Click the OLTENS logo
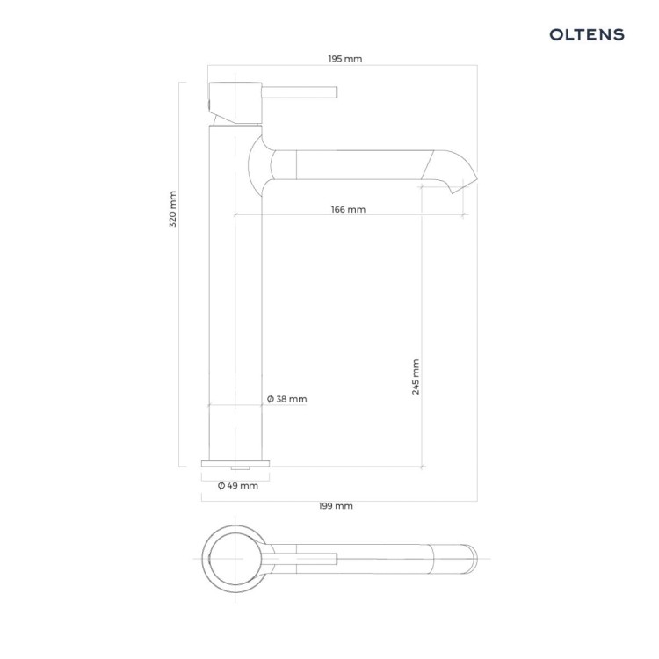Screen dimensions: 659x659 point(587,34)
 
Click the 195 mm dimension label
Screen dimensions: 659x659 point(345,59)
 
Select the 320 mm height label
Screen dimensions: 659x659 point(173,209)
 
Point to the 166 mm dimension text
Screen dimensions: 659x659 point(348,209)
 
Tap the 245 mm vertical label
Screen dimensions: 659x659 point(416,377)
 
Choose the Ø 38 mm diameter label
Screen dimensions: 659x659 point(287,399)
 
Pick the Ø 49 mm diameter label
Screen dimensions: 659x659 point(238,486)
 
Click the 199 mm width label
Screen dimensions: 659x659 point(336,506)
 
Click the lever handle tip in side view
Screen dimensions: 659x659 point(336,92)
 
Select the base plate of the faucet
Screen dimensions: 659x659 point(235,464)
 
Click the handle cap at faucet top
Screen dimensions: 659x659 point(235,104)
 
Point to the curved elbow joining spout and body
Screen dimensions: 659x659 point(262,165)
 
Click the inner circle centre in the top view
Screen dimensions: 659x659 point(235,559)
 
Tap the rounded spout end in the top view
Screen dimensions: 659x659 point(473,559)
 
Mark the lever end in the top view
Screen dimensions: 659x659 point(336,559)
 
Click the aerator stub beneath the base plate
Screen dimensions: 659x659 point(240,468)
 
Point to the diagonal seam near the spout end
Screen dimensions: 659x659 point(427,165)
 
